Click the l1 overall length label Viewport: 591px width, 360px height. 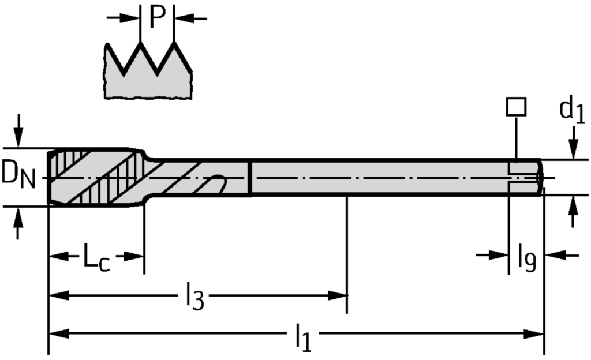pos(302,337)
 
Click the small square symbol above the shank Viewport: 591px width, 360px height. pos(515,106)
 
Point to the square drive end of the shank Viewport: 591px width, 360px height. pos(525,177)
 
